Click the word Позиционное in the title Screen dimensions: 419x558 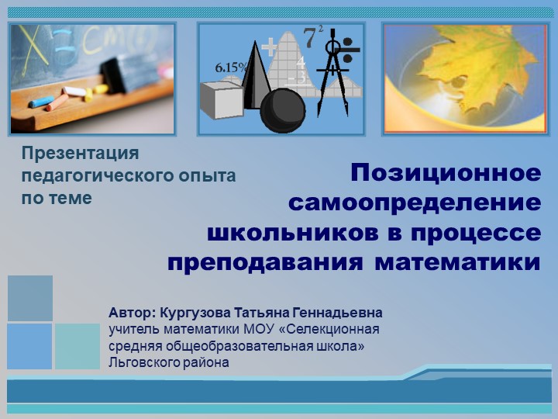(x=446, y=172)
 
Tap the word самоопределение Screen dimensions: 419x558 (x=415, y=203)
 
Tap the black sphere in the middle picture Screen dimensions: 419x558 (x=282, y=110)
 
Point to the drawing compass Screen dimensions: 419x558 (x=334, y=66)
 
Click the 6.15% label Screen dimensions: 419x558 (x=232, y=68)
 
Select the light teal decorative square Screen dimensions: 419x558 (x=77, y=346)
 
